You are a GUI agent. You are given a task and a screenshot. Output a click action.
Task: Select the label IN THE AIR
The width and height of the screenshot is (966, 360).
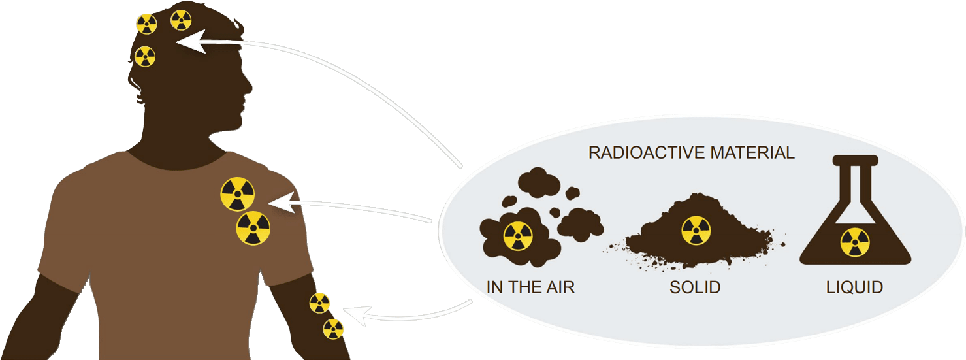[x=530, y=287]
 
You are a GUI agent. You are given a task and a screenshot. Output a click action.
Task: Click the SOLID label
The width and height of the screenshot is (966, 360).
[x=695, y=287]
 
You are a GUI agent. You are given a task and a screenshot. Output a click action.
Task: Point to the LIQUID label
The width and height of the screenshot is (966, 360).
[x=855, y=287]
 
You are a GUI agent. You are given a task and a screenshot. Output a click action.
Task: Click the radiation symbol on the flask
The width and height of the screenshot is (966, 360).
[x=855, y=242]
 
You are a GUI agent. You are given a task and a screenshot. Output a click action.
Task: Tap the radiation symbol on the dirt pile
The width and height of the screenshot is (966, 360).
[x=696, y=231]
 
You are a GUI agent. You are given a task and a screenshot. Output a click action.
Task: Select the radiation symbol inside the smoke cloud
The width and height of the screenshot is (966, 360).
[x=518, y=236]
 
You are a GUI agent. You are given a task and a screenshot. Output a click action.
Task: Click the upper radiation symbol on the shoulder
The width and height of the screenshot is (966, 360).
[x=237, y=194]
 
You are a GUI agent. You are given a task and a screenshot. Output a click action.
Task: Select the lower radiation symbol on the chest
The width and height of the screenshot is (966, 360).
[x=253, y=228]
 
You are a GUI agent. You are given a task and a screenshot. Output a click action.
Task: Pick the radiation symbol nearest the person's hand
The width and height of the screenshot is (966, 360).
[x=333, y=329]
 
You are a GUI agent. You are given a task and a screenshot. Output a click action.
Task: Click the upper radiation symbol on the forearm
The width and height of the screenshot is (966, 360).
[x=319, y=303]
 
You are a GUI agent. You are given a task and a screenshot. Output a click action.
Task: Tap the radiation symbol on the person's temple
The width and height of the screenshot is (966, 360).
[x=145, y=57]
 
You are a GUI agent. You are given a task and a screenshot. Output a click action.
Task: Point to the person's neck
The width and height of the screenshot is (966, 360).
[x=176, y=140]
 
